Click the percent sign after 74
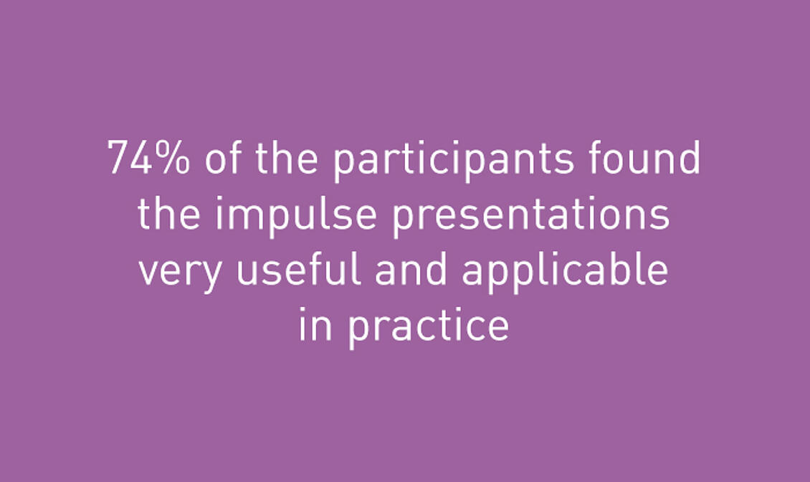[x=173, y=158]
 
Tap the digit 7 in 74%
[x=118, y=158]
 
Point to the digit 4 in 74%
[x=141, y=158]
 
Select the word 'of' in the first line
[x=223, y=157]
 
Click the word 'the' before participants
[x=286, y=157]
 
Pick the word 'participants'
[x=453, y=161]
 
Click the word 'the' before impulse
[x=169, y=212]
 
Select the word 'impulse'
[x=296, y=216]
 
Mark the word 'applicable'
[x=565, y=272]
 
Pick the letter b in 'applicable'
[x=616, y=268]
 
